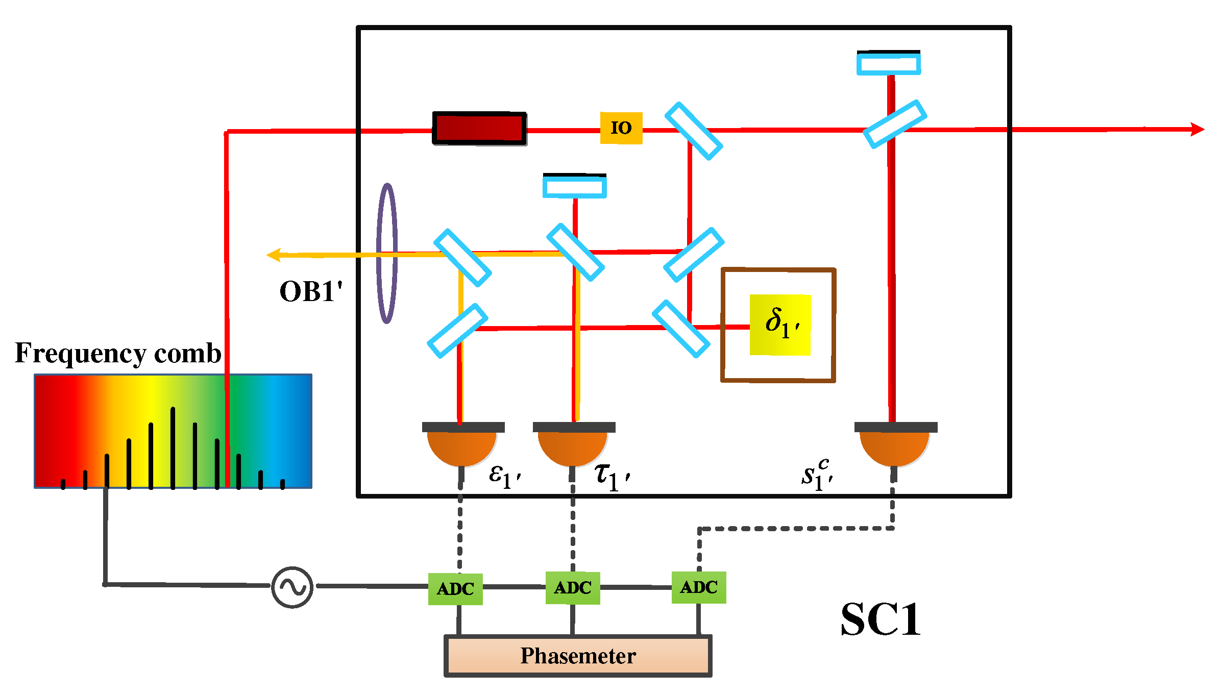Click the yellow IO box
click(621, 128)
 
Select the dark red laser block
click(479, 128)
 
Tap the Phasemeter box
click(578, 656)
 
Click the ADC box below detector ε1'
click(455, 589)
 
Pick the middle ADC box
click(573, 588)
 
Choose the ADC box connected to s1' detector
click(699, 587)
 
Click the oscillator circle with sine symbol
click(292, 587)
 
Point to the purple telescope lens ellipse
click(387, 254)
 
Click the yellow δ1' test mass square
click(780, 325)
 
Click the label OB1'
click(310, 292)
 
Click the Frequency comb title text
click(118, 353)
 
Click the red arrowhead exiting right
click(1197, 129)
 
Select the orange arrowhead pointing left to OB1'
click(274, 255)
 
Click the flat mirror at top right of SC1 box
click(889, 63)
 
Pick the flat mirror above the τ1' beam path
click(575, 186)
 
